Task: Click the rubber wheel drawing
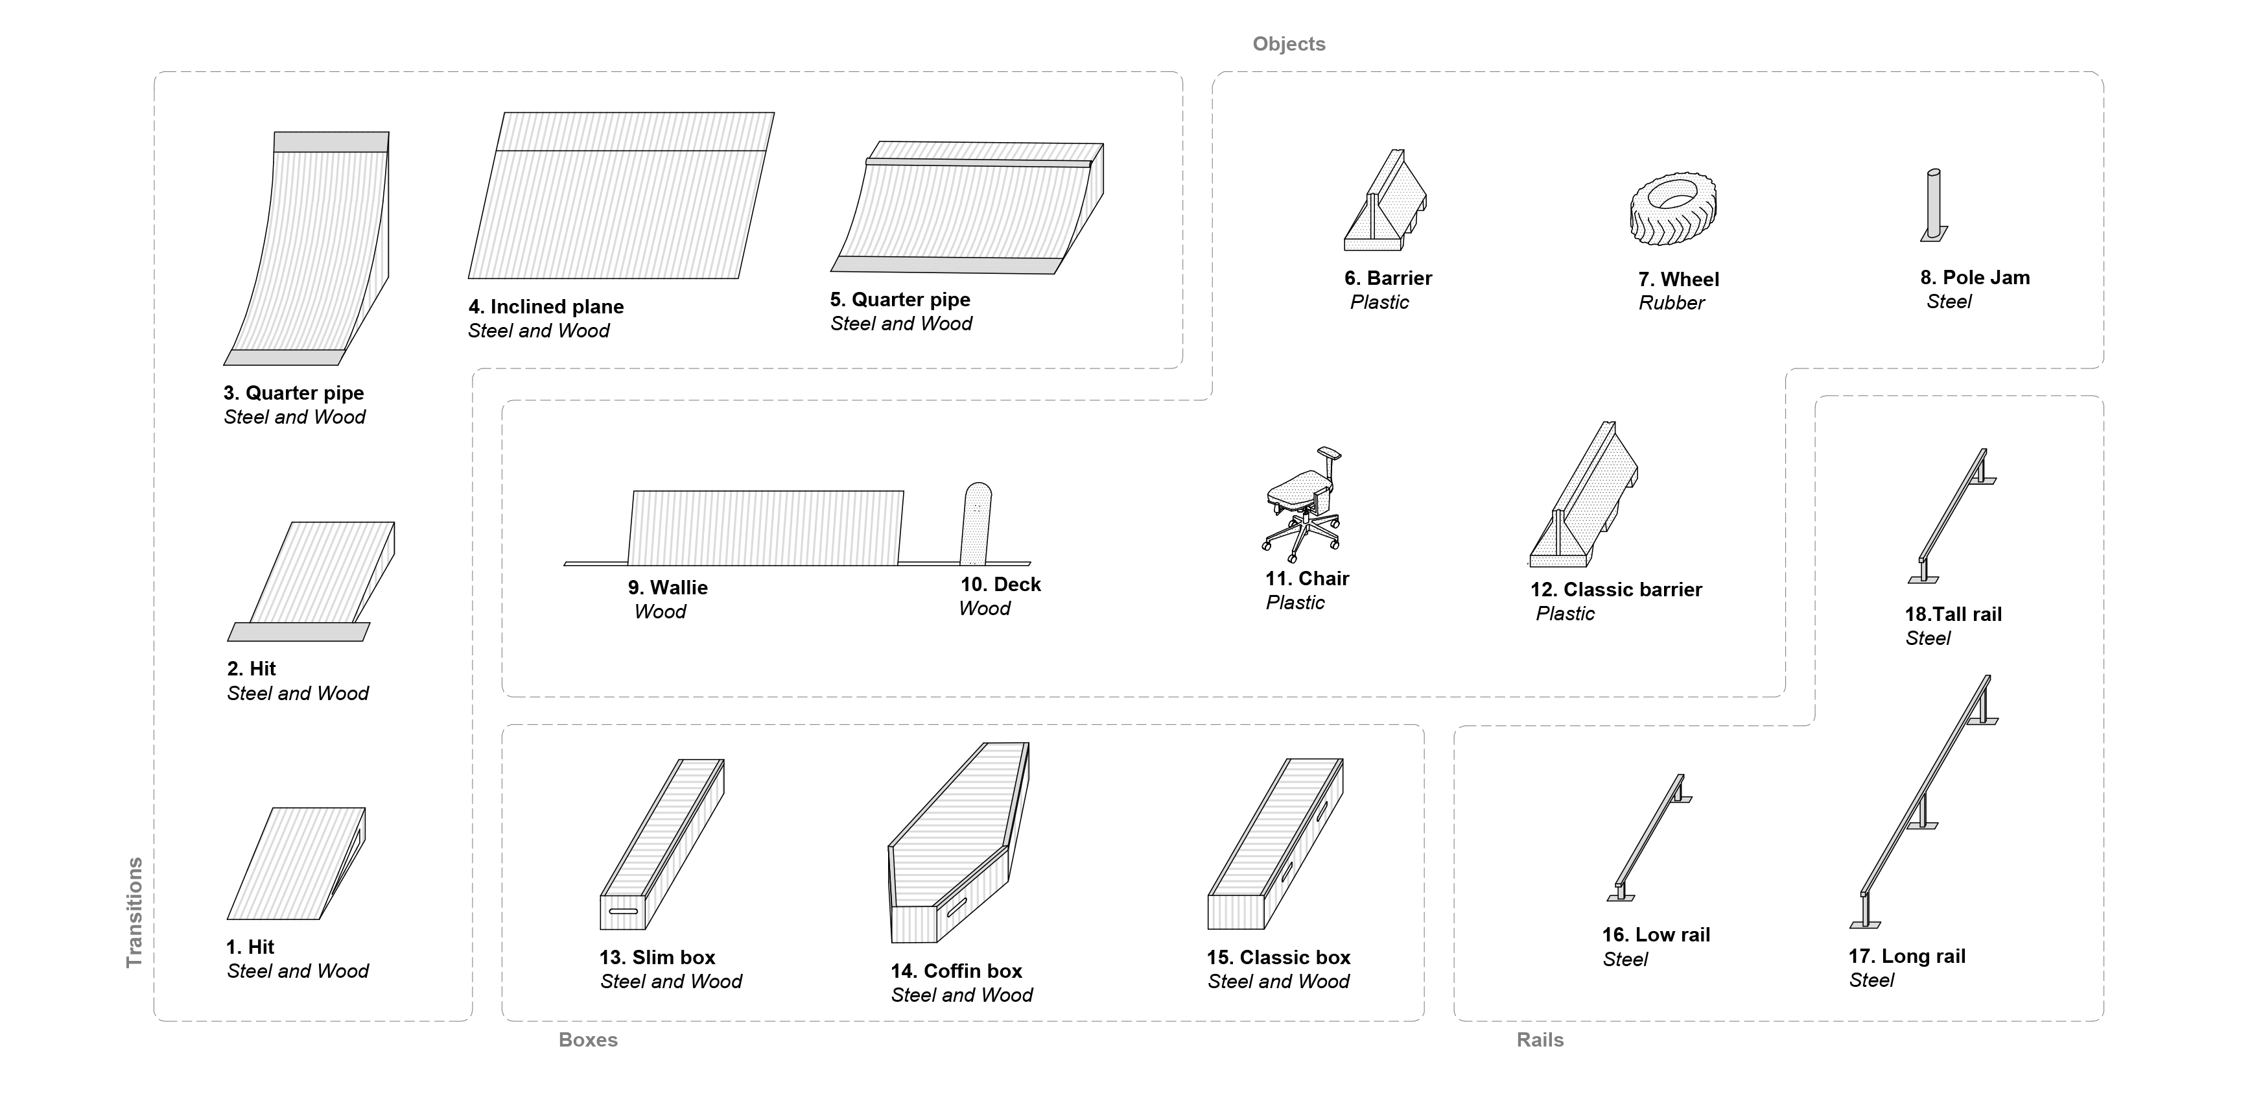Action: click(x=1672, y=208)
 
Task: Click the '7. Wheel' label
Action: click(x=1678, y=279)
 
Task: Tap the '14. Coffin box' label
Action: click(x=956, y=970)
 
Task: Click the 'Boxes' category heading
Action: click(x=587, y=1039)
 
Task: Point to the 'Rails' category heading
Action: click(x=1540, y=1039)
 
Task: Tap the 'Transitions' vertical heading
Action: click(x=134, y=912)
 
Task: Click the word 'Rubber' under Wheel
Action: click(x=1671, y=302)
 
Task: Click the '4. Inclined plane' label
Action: click(x=546, y=306)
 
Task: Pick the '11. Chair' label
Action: click(x=1306, y=578)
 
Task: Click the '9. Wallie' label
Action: click(x=667, y=587)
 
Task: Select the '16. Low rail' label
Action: click(x=1655, y=934)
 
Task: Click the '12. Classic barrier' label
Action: click(x=1615, y=590)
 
